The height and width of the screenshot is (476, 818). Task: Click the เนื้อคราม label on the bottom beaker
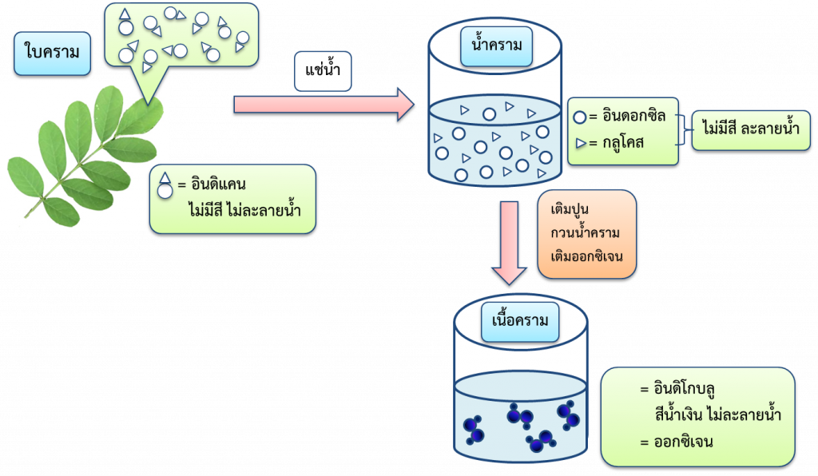[520, 322]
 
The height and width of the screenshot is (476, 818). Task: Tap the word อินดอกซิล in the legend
[634, 116]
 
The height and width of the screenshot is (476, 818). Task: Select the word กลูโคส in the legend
[623, 143]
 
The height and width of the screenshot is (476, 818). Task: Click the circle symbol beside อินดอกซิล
[580, 117]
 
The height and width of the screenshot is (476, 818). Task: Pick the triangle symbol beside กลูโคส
[580, 144]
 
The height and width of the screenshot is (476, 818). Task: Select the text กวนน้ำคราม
[586, 232]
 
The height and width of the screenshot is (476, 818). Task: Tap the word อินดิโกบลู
[683, 391]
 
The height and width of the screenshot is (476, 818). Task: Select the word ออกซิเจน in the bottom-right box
[683, 442]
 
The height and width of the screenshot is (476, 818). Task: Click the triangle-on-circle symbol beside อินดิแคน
[165, 184]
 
